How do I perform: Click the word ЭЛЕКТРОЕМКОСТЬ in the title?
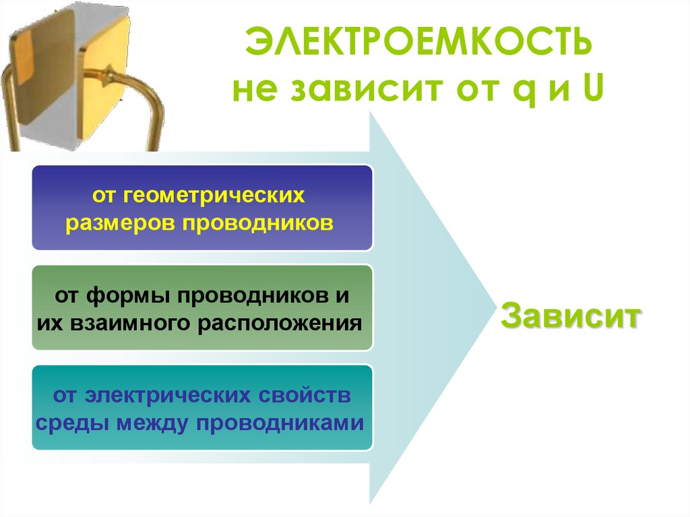click(418, 43)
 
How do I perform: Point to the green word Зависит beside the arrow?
click(570, 316)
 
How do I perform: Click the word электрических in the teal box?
click(162, 396)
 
